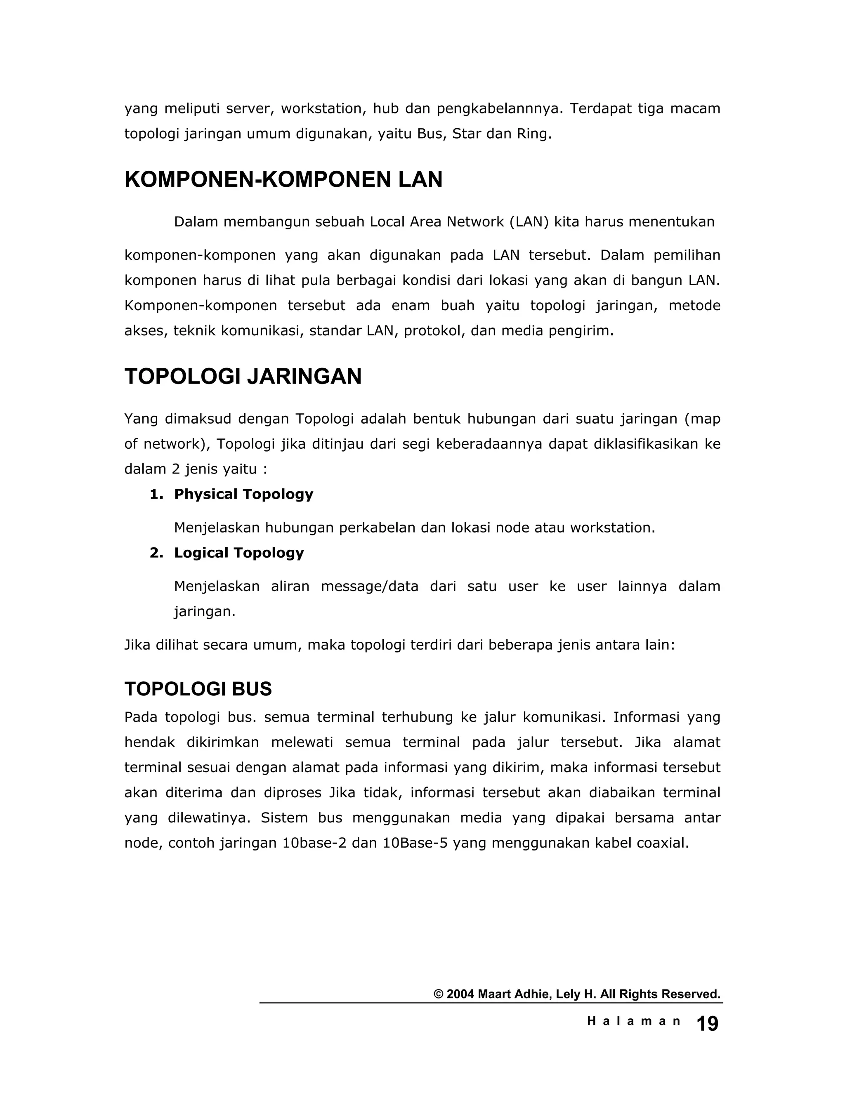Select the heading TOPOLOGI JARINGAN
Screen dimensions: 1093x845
click(243, 376)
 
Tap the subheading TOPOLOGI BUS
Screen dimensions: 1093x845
click(198, 689)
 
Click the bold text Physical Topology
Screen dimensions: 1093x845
click(243, 495)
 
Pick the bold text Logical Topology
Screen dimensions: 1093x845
click(239, 553)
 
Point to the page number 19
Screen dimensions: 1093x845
click(707, 1024)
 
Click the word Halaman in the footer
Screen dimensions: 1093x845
click(634, 1021)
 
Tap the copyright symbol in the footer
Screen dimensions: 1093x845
click(439, 994)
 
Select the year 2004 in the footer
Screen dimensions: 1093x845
click(460, 994)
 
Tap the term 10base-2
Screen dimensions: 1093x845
click(314, 843)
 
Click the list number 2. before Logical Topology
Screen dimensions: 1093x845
click(156, 553)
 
